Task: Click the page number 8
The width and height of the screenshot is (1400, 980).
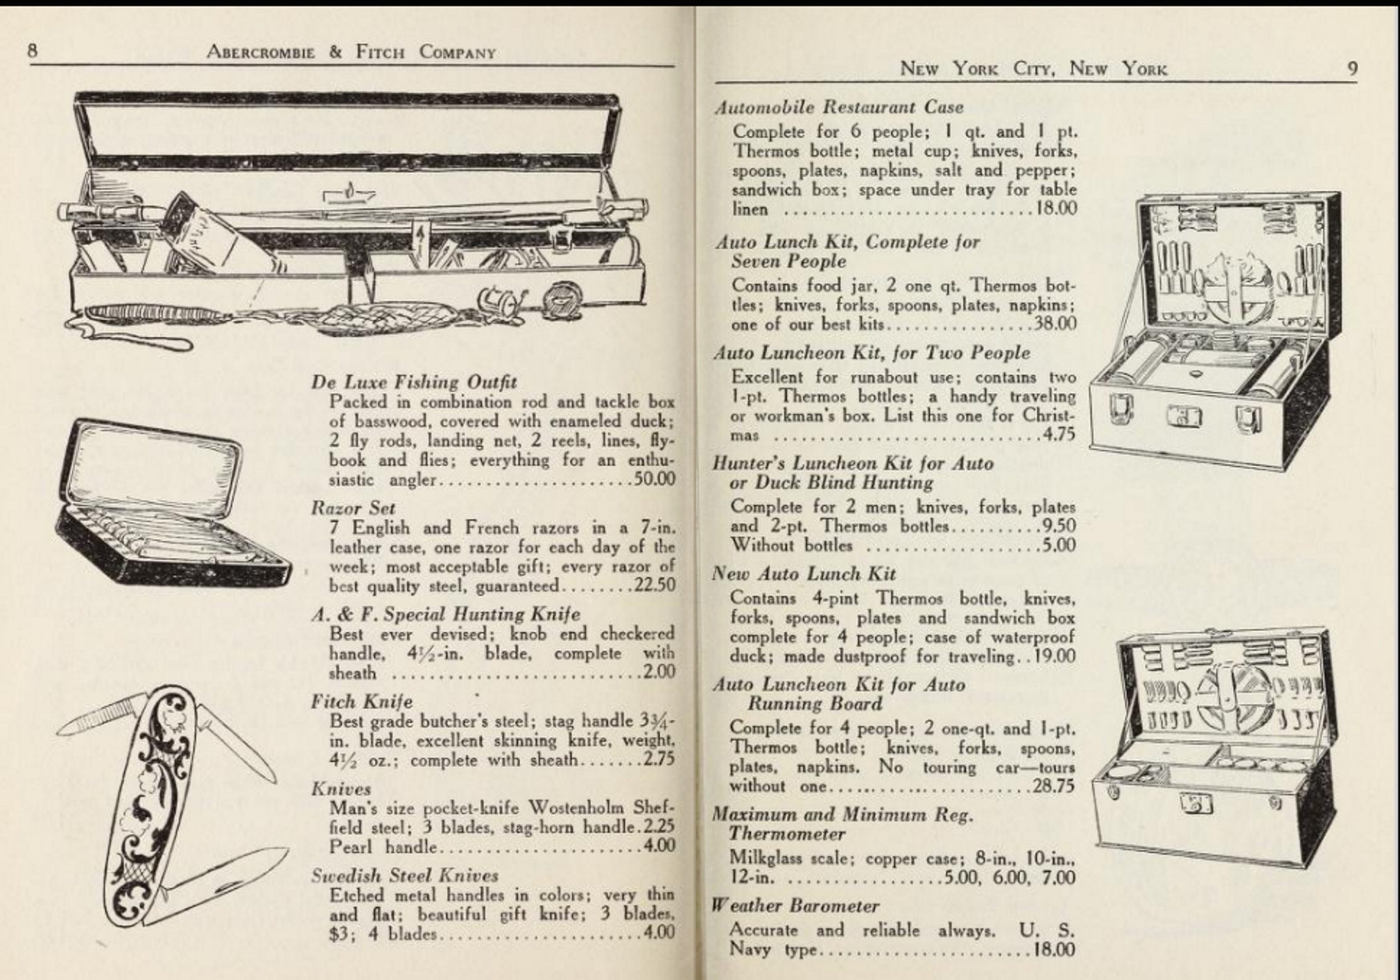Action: coord(33,51)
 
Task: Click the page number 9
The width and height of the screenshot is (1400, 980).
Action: coord(1351,68)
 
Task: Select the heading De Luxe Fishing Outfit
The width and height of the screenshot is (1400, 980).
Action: coord(413,382)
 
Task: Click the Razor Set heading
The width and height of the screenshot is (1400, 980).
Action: coord(353,508)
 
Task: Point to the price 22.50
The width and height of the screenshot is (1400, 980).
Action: coord(654,585)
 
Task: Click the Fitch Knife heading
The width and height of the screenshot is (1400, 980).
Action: coord(361,701)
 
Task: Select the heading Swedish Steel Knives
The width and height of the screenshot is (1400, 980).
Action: coord(404,875)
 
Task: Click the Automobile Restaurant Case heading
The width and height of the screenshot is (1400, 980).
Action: coord(838,107)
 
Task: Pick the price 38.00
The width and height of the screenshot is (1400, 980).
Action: coord(1055,323)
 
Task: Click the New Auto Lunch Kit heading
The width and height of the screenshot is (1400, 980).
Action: coord(804,574)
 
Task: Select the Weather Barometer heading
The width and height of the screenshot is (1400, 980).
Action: coord(795,906)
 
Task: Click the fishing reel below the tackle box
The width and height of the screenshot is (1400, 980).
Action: coord(563,298)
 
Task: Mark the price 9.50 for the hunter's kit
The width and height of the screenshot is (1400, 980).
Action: coord(1059,526)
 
